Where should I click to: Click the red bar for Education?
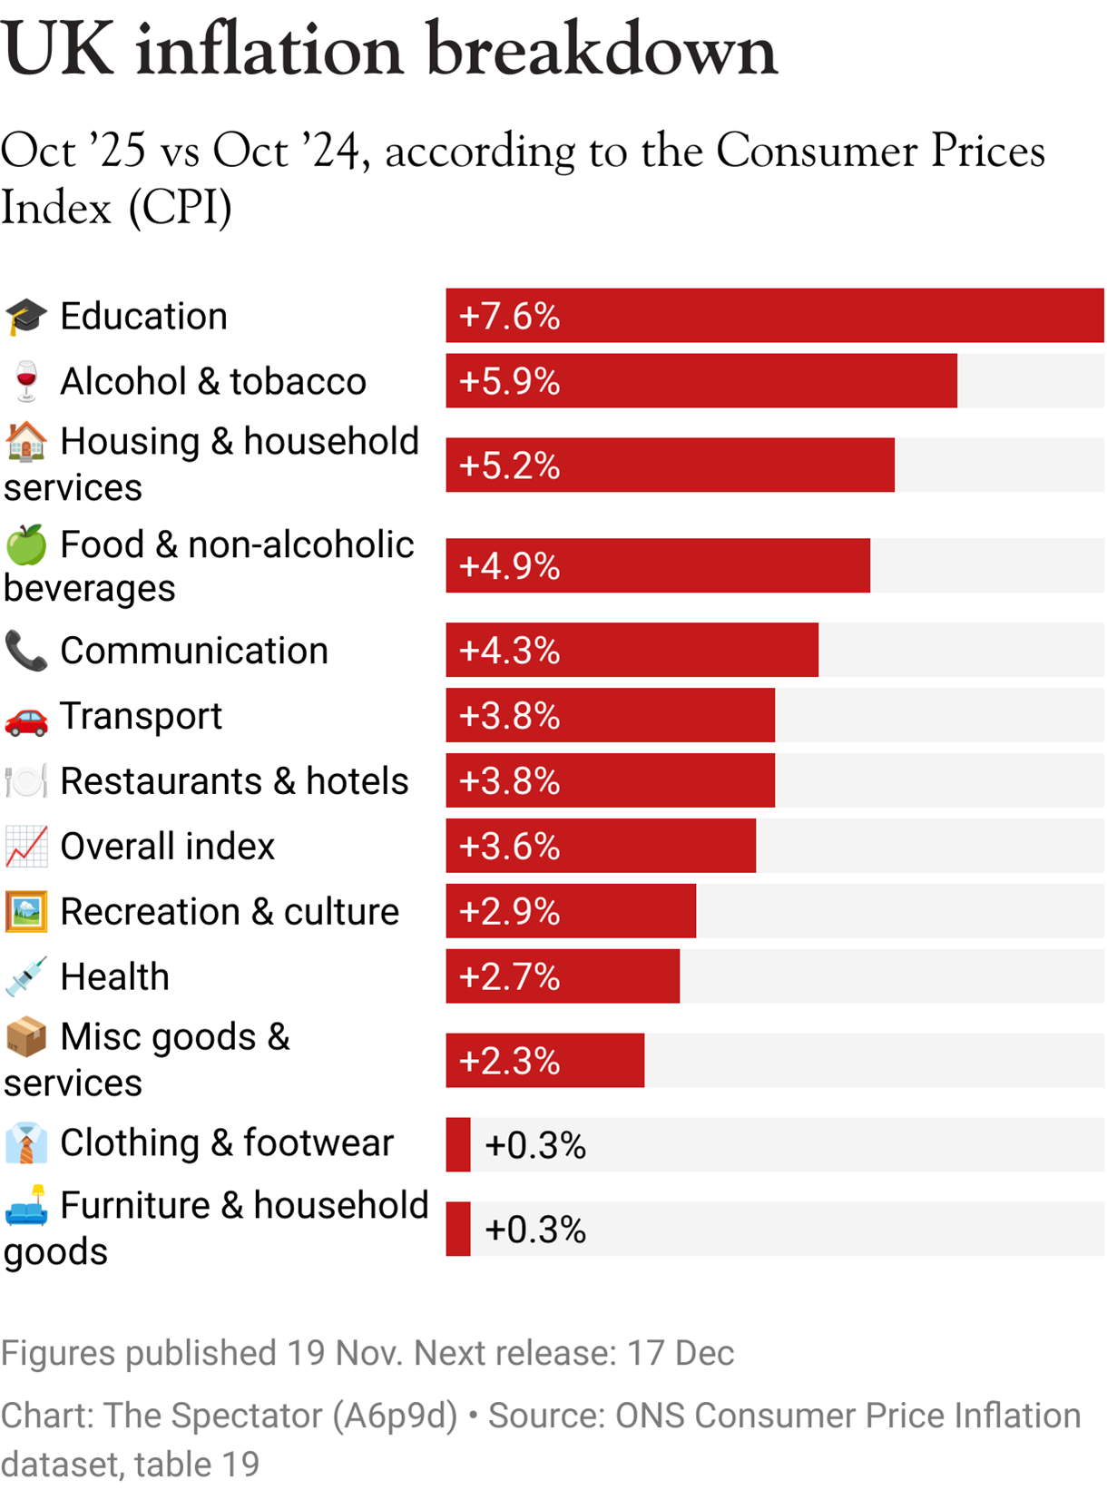pyautogui.click(x=774, y=316)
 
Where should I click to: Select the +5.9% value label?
pyautogui.click(x=509, y=381)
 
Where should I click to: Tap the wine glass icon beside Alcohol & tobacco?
pyautogui.click(x=26, y=381)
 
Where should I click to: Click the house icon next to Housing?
pyautogui.click(x=26, y=442)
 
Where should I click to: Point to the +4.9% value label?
pyautogui.click(x=509, y=566)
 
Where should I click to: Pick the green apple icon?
pyautogui.click(x=26, y=544)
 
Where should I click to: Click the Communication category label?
pyautogui.click(x=193, y=651)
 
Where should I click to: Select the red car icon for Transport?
pyautogui.click(x=26, y=717)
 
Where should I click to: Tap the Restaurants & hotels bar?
pyautogui.click(x=610, y=780)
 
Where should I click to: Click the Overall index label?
pyautogui.click(x=167, y=847)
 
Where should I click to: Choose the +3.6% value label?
pyautogui.click(x=509, y=847)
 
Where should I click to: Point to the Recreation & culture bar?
pyautogui.click(x=571, y=911)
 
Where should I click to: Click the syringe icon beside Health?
pyautogui.click(x=26, y=977)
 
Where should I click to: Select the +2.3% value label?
pyautogui.click(x=509, y=1061)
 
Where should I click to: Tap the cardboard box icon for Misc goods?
pyautogui.click(x=26, y=1037)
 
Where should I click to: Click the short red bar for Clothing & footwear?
pyautogui.click(x=458, y=1144)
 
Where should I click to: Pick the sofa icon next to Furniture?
pyautogui.click(x=26, y=1206)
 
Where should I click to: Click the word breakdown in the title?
pyautogui.click(x=602, y=50)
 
